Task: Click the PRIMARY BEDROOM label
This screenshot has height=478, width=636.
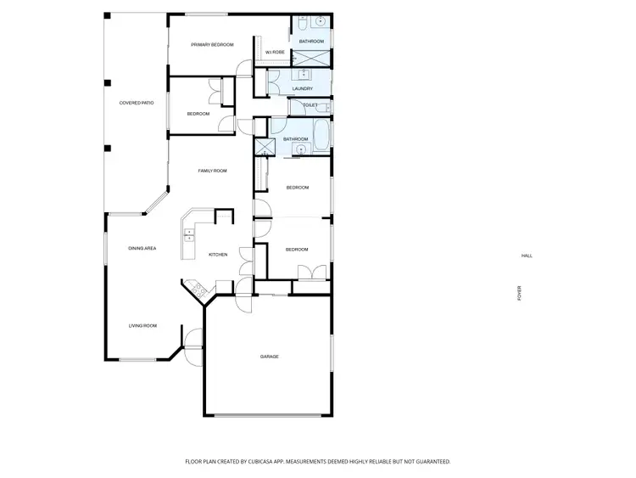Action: (x=212, y=44)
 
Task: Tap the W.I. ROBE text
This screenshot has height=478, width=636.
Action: (x=274, y=53)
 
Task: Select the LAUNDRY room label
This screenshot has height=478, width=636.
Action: (x=302, y=88)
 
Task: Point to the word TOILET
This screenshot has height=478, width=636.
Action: (x=310, y=105)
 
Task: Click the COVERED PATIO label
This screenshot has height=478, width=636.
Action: (x=136, y=103)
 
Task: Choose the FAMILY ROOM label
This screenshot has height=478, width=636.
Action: (x=213, y=171)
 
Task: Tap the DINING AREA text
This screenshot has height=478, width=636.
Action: (x=142, y=248)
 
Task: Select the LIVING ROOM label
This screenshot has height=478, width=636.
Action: (x=142, y=325)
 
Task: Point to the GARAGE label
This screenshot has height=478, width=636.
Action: (x=270, y=357)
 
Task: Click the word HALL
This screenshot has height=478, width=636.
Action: (x=527, y=256)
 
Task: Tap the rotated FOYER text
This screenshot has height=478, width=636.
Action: (x=520, y=293)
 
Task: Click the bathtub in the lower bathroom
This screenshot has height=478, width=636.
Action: (x=323, y=136)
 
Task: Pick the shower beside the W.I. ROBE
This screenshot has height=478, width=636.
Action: (x=311, y=59)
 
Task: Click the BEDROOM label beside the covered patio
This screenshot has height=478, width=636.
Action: (x=198, y=114)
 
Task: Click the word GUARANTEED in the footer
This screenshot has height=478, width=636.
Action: (x=429, y=462)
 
